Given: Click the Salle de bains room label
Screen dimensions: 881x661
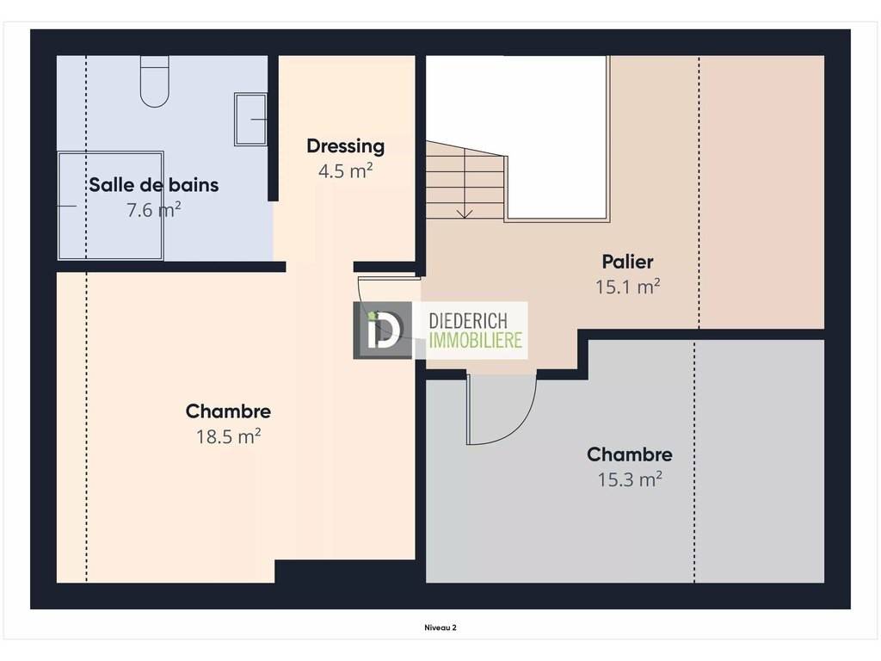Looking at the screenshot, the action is pos(153,184).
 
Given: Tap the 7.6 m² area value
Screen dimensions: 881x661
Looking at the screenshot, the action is pos(153,210).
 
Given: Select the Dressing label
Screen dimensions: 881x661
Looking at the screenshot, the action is pos(346,146).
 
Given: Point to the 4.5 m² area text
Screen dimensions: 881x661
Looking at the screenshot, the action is pos(346,170).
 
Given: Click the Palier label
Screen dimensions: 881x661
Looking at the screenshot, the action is pos(627,262).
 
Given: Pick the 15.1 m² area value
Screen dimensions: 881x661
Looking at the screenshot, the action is pos(627,287).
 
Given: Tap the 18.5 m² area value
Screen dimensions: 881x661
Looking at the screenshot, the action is pos(228,436).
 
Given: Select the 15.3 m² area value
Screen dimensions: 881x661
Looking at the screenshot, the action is pos(629,479).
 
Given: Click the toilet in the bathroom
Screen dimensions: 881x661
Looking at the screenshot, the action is pos(155,82).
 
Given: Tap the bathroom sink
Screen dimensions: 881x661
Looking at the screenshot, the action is pos(250,119).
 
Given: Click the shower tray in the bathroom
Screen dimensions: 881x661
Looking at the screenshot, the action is pos(111,206).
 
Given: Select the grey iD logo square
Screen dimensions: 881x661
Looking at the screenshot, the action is pos(382,330).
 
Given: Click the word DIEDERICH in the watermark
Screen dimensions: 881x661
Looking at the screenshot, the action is pos(468,321).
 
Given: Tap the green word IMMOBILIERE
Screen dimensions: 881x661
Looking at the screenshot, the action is pos(475,340).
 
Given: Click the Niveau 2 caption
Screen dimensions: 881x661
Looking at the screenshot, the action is pos(440,627).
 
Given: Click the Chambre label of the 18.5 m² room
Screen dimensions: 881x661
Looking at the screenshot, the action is pos(228,411).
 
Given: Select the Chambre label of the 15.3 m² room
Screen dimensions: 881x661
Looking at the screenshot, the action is pos(629,454).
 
